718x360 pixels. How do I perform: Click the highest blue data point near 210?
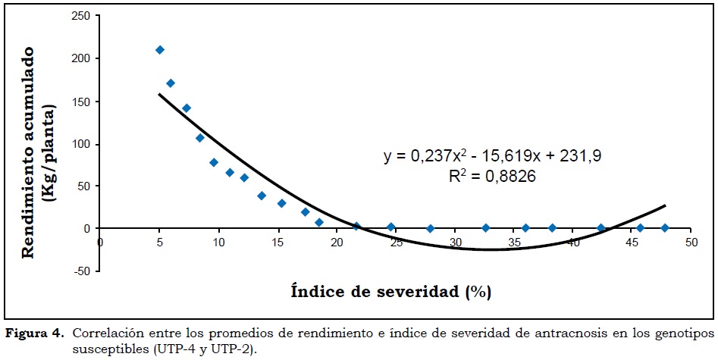[x=159, y=50]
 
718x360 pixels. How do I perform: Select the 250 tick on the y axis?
[x=82, y=16]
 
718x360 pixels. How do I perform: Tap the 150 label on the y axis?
[x=82, y=102]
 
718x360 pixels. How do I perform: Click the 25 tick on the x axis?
[x=396, y=243]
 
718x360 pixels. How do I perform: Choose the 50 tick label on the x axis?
[x=691, y=243]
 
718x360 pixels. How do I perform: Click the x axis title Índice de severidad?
[x=395, y=291]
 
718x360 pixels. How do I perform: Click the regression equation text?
[x=493, y=157]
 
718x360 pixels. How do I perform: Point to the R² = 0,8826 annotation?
[x=493, y=177]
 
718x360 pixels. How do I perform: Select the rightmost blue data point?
[x=665, y=228]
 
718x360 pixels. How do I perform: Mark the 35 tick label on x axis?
[x=513, y=243]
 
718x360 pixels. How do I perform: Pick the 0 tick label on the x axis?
[x=101, y=243]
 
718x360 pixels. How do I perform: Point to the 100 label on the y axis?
[x=82, y=144]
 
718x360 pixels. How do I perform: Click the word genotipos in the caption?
[x=685, y=333]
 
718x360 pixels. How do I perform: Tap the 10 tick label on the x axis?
[x=218, y=243]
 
